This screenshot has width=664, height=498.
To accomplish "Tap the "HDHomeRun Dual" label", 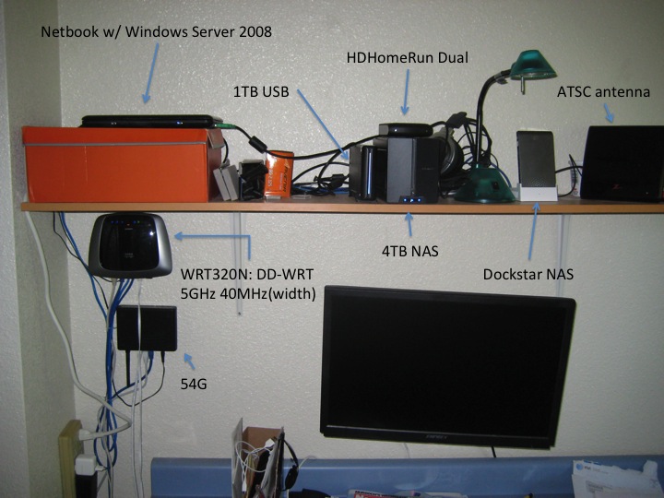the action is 407,57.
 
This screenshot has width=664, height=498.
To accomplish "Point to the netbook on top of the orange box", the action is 148,121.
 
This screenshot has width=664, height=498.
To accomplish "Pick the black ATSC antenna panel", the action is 623,163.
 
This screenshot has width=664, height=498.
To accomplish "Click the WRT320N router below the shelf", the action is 130,243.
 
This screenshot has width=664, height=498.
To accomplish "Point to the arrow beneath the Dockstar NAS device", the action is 534,234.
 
